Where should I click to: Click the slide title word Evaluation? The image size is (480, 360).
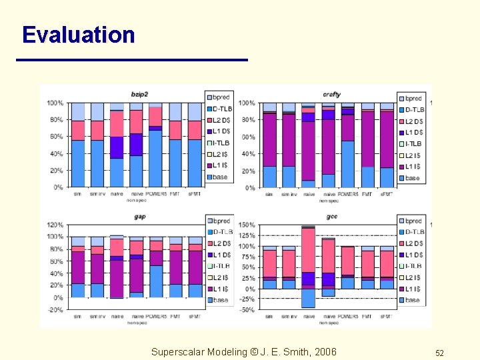[x=78, y=35]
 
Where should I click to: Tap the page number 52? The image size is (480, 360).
[x=439, y=353]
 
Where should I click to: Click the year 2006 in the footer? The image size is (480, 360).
[x=324, y=352]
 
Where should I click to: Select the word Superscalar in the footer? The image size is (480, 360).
[x=178, y=352]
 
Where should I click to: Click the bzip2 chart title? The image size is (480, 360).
[x=140, y=93]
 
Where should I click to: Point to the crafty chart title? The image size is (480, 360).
[x=331, y=95]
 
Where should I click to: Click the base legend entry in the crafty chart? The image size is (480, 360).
[x=413, y=178]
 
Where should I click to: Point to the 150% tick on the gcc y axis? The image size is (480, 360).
[x=247, y=225]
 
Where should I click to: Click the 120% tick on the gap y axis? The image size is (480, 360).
[x=55, y=225]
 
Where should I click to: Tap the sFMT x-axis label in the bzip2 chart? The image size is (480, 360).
[x=195, y=194]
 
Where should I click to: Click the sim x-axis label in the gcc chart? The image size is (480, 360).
[x=269, y=317]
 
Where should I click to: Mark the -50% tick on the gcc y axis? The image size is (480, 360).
[x=247, y=310]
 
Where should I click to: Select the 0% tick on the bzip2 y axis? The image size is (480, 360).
[x=59, y=187]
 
